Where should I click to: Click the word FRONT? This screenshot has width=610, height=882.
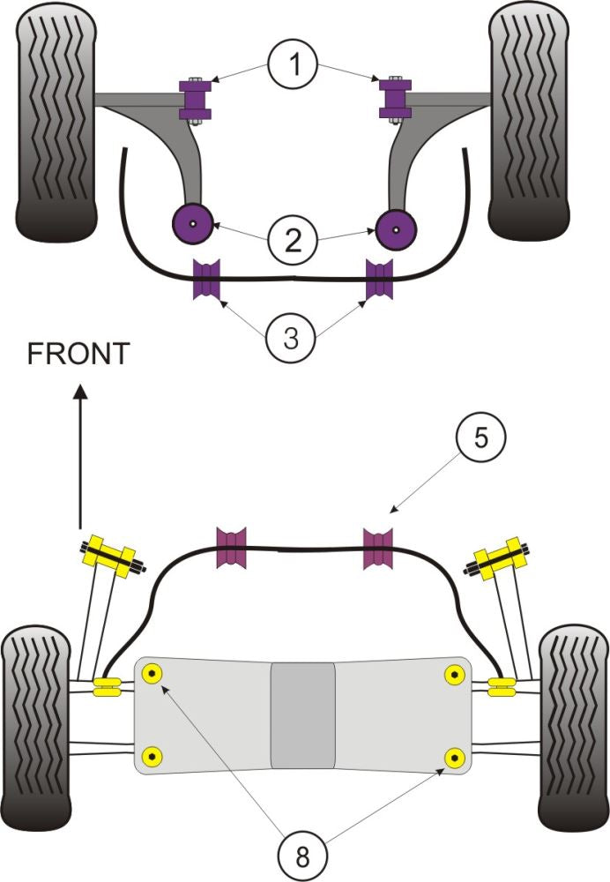[78, 355]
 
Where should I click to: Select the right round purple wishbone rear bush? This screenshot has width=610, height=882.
[396, 229]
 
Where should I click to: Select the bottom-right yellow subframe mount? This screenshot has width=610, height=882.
[455, 756]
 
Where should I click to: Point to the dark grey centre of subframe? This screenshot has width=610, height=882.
[302, 714]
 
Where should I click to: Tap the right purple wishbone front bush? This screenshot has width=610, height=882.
[394, 98]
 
